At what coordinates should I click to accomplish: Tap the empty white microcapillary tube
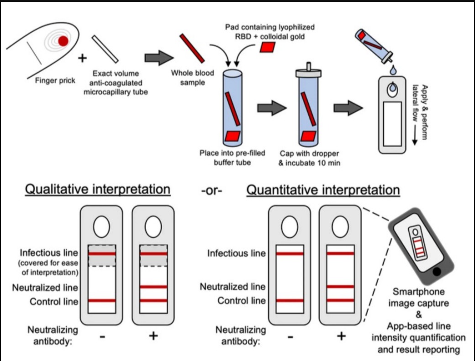[x=105, y=48]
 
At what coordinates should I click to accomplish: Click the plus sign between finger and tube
[x=82, y=58]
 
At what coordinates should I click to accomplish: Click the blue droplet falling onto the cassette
[x=392, y=71]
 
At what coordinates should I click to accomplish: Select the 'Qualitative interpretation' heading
[x=98, y=189]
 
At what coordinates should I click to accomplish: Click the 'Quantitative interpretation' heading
[x=323, y=190]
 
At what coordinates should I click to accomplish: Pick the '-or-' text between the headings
[x=211, y=190]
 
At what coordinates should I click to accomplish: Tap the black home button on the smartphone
[x=438, y=272]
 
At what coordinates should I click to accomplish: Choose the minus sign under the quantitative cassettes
[x=290, y=336]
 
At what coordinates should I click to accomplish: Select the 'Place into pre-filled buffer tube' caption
[x=232, y=158]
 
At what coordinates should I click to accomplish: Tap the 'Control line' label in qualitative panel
[x=54, y=302]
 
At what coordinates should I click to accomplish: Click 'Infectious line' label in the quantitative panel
[x=236, y=253]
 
